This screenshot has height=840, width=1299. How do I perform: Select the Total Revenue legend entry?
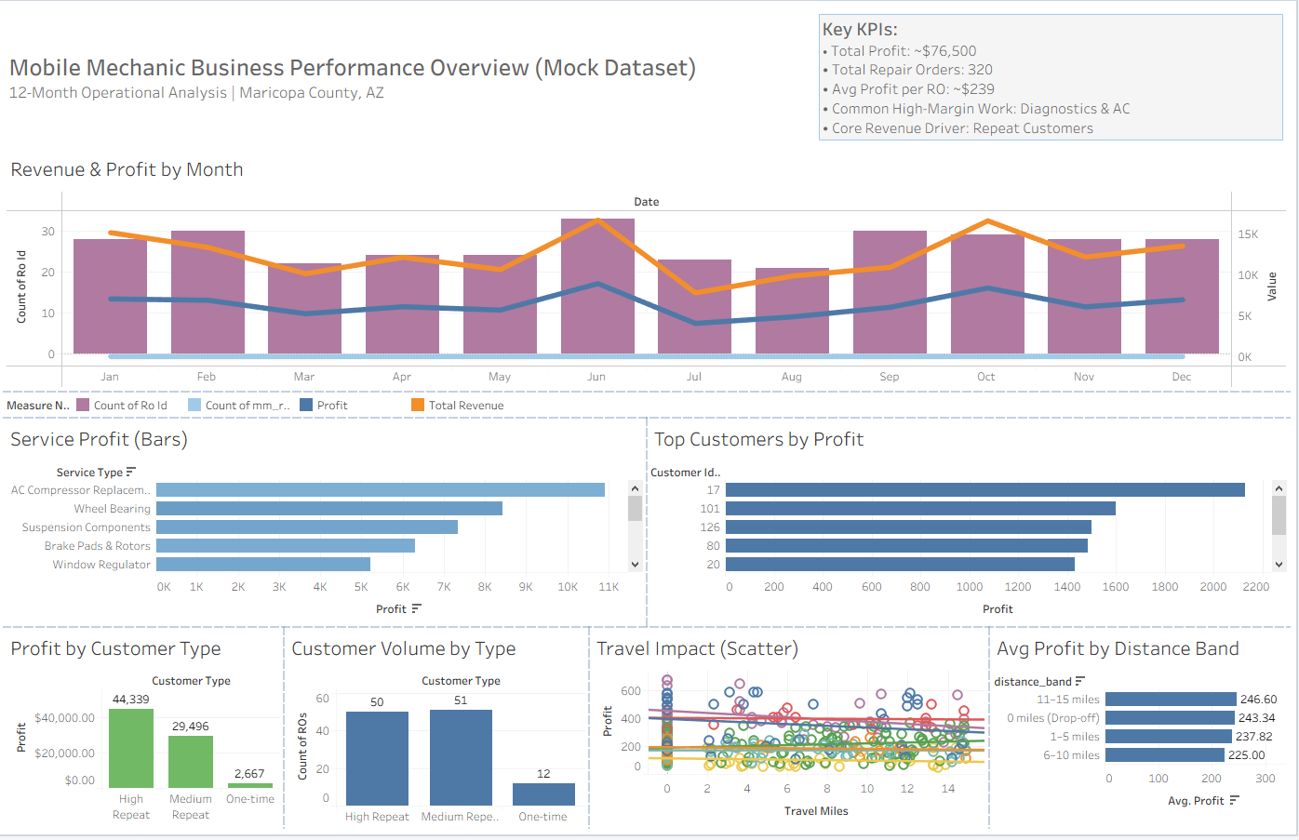pyautogui.click(x=465, y=406)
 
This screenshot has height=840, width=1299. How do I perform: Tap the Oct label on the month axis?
pyautogui.click(x=985, y=377)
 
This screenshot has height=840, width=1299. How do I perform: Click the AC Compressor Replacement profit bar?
pyautogui.click(x=380, y=489)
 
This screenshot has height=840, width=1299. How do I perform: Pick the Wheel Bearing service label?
pyautogui.click(x=112, y=509)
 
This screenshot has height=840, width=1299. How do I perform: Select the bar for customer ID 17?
pyautogui.click(x=984, y=489)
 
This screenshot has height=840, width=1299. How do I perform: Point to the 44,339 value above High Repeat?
pyautogui.click(x=130, y=700)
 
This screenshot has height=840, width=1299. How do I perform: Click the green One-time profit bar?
pyautogui.click(x=249, y=785)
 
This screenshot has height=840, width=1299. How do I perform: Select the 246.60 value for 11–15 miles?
pyautogui.click(x=1258, y=700)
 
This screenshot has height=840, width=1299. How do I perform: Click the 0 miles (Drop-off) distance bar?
pyautogui.click(x=1169, y=718)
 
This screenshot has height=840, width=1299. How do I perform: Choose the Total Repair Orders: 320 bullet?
pyautogui.click(x=911, y=70)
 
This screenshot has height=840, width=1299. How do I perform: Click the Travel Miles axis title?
pyautogui.click(x=815, y=811)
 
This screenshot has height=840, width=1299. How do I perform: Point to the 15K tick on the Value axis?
pyautogui.click(x=1247, y=234)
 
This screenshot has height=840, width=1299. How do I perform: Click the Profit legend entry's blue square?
pyautogui.click(x=306, y=406)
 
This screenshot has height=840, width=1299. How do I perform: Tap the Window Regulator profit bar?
pyautogui.click(x=263, y=565)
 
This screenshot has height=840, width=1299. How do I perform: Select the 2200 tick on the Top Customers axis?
pyautogui.click(x=1255, y=587)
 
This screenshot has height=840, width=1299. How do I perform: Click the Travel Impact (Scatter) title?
pyautogui.click(x=697, y=649)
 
